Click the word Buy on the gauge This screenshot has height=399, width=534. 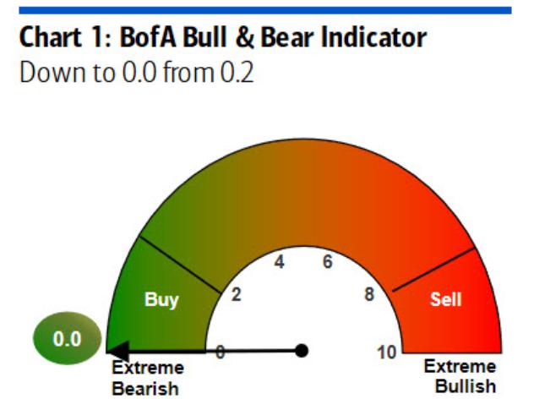tap(161, 300)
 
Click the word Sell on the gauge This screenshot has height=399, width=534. tap(445, 299)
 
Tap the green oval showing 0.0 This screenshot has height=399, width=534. tap(67, 338)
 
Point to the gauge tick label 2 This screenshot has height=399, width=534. tap(237, 294)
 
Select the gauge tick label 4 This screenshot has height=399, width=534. tap(280, 262)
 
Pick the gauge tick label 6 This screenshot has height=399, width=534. tap(327, 262)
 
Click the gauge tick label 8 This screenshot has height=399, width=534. tap(369, 294)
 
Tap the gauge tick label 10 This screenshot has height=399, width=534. tap(387, 353)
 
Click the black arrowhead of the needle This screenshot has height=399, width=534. tap(117, 351)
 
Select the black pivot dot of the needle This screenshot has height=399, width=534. tap(302, 351)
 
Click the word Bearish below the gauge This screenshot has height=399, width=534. tap(145, 389)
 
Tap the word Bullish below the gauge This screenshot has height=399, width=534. tap(466, 386)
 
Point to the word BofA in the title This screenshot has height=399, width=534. tap(148, 37)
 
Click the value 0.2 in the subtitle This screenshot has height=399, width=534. tap(237, 72)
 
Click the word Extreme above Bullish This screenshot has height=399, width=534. tap(460, 367)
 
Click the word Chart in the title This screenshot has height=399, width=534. tap(51, 37)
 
